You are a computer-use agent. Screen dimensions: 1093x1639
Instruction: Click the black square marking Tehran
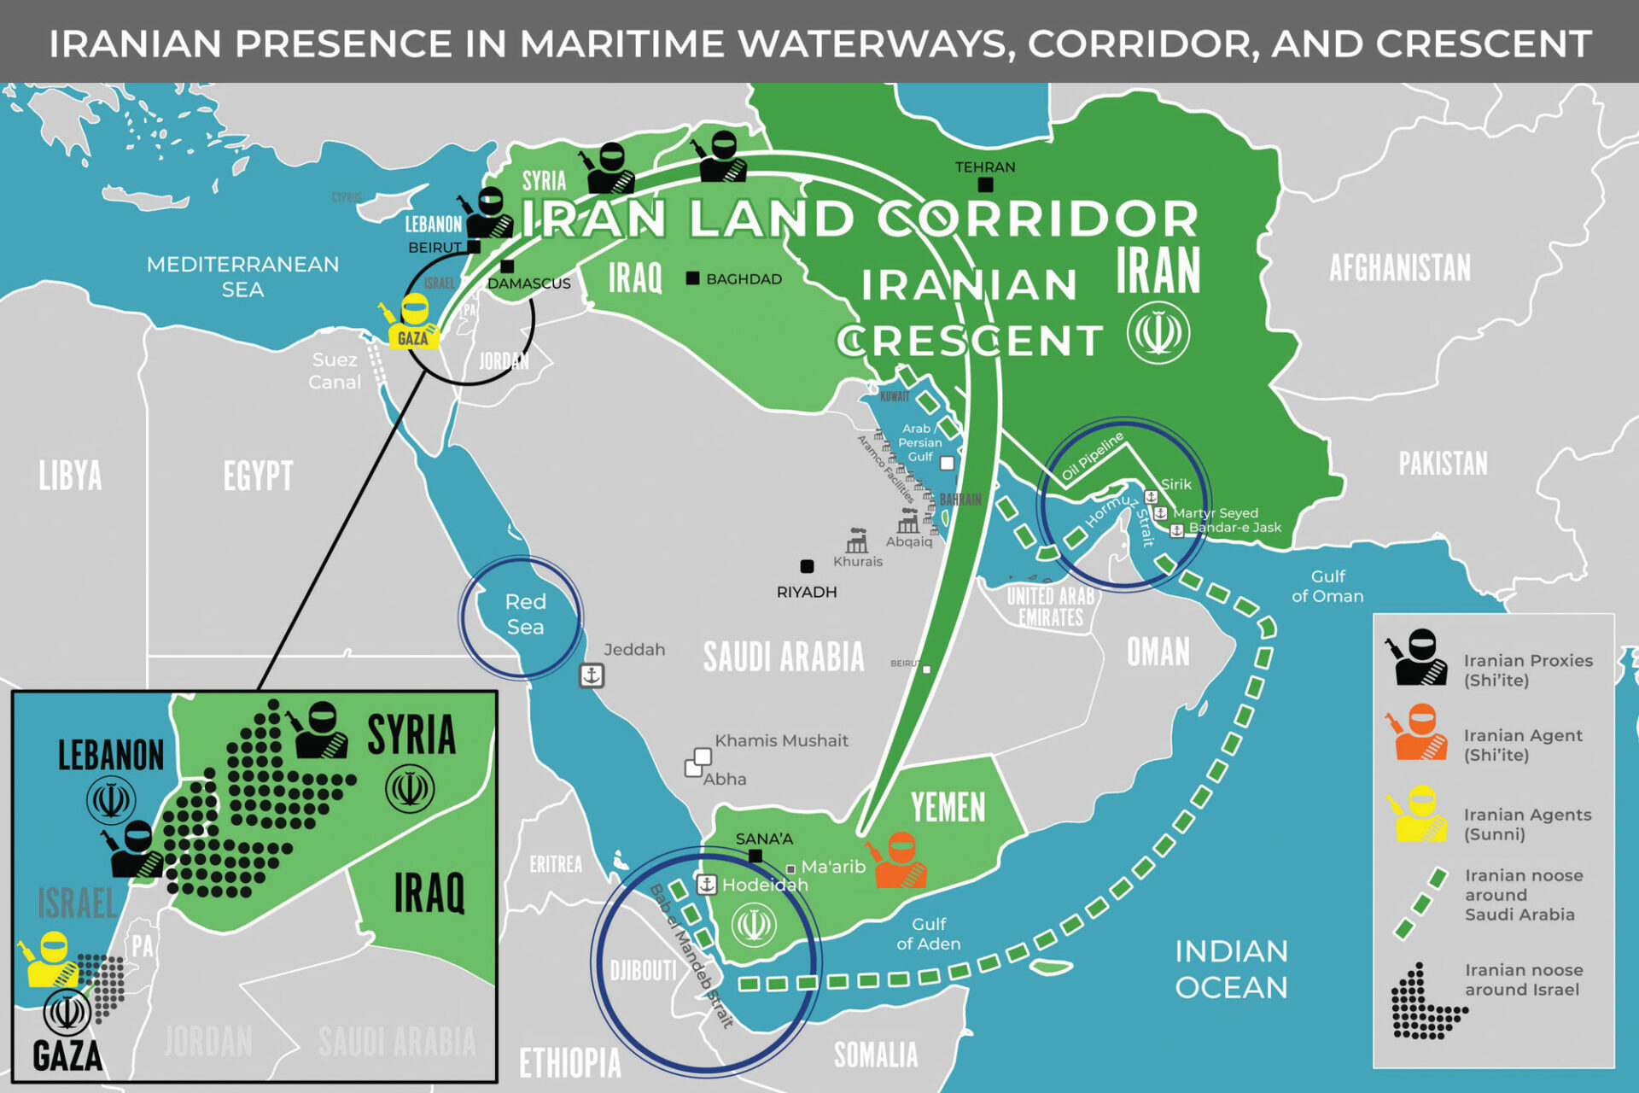(x=985, y=184)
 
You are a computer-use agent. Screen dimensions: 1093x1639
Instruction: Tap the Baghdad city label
(x=744, y=279)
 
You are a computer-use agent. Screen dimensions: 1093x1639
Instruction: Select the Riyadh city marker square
(x=807, y=566)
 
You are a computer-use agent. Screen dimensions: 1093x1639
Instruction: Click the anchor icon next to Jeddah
(x=592, y=675)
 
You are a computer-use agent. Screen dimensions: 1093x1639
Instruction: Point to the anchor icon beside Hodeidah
(x=707, y=885)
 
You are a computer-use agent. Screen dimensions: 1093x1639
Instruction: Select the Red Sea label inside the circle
(x=525, y=614)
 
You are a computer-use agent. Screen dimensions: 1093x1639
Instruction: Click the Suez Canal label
(x=335, y=371)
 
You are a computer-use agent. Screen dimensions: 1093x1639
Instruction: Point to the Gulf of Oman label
(x=1327, y=586)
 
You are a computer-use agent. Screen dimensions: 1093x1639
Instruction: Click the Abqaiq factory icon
(x=908, y=521)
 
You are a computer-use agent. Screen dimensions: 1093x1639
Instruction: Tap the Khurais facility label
(x=858, y=562)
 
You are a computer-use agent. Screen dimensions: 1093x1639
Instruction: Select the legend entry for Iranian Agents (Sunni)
(x=1526, y=824)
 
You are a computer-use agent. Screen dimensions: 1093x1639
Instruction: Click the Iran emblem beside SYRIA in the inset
(x=409, y=789)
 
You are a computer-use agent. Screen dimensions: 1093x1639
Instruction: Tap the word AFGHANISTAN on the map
(x=1400, y=268)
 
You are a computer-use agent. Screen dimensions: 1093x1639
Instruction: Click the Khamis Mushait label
(x=781, y=741)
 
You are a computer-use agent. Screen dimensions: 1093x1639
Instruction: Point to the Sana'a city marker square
(x=755, y=856)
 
